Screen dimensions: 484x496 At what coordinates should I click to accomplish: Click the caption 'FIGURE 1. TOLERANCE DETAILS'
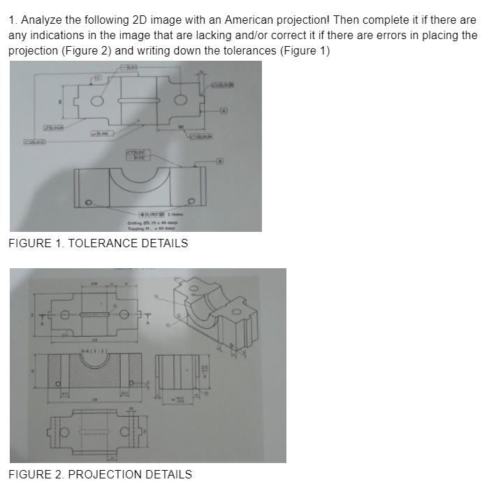pos(99,244)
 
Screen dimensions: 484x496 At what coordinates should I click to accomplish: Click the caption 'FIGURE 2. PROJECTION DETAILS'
pos(101,475)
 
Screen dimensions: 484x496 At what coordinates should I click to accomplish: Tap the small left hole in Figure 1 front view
pos(88,203)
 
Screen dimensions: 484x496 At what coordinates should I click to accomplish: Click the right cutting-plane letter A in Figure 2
pos(147,323)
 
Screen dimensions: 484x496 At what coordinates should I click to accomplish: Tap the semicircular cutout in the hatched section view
pos(92,361)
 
